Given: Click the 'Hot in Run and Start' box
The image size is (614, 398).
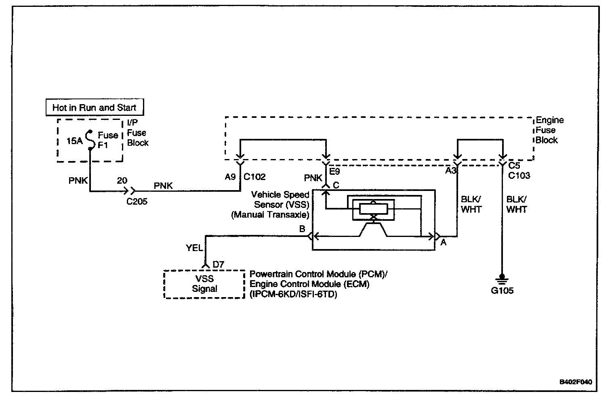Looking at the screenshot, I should point(94,107).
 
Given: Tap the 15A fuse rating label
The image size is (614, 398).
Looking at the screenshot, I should point(75,141).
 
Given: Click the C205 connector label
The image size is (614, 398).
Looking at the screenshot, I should point(137,201).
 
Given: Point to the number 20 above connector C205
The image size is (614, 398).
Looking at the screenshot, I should point(122,181).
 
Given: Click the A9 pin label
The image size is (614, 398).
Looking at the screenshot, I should point(230,177).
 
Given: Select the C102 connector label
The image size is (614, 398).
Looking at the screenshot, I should point(254,177).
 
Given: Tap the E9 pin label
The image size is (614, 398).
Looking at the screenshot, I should point(335,172).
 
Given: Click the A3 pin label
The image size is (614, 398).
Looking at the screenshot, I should point(450,171).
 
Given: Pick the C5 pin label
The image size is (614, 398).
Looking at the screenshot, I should point(514,165).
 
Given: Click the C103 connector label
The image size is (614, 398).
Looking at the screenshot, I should point(519,176).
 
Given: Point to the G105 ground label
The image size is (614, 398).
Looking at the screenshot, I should point(502,291).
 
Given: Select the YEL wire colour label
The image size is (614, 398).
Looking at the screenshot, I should point(194,248).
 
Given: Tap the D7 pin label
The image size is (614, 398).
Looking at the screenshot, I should point(218,264).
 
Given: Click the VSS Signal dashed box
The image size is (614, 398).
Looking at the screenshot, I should point(204,284).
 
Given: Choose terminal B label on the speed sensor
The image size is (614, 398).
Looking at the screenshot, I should point(302,229).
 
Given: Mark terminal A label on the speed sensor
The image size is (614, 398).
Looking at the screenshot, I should point(443,243).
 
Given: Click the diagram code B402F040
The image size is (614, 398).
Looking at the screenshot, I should point(576,382).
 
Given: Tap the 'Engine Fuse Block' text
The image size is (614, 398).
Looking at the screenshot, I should point(549,130).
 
